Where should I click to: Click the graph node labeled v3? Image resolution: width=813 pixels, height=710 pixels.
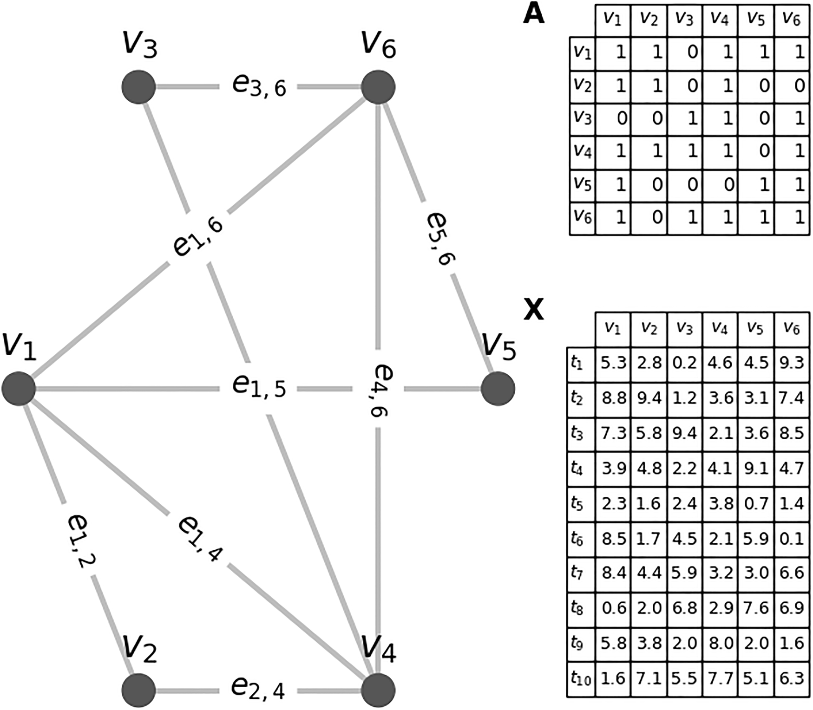pyautogui.click(x=138, y=87)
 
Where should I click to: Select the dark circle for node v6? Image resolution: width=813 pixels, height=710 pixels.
pyautogui.click(x=378, y=87)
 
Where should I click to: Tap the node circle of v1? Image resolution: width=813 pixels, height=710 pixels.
pyautogui.click(x=19, y=389)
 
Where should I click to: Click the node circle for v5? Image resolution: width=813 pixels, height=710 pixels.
pyautogui.click(x=498, y=389)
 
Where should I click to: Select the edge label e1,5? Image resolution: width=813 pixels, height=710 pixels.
pyautogui.click(x=259, y=386)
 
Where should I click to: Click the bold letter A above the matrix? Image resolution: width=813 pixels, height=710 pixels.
pyautogui.click(x=533, y=14)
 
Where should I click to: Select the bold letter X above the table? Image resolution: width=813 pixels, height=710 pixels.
pyautogui.click(x=533, y=309)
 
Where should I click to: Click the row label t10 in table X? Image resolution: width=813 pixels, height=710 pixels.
pyautogui.click(x=581, y=679)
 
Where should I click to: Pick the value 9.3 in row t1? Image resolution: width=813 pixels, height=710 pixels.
pyautogui.click(x=792, y=363)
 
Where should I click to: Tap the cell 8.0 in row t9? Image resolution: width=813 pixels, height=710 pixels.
pyautogui.click(x=721, y=644)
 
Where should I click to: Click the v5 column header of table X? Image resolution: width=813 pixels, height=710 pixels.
pyautogui.click(x=755, y=328)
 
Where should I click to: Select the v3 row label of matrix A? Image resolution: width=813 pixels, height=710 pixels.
pyautogui.click(x=582, y=117)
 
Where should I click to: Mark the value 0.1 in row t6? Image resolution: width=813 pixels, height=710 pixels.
pyautogui.click(x=792, y=539)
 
